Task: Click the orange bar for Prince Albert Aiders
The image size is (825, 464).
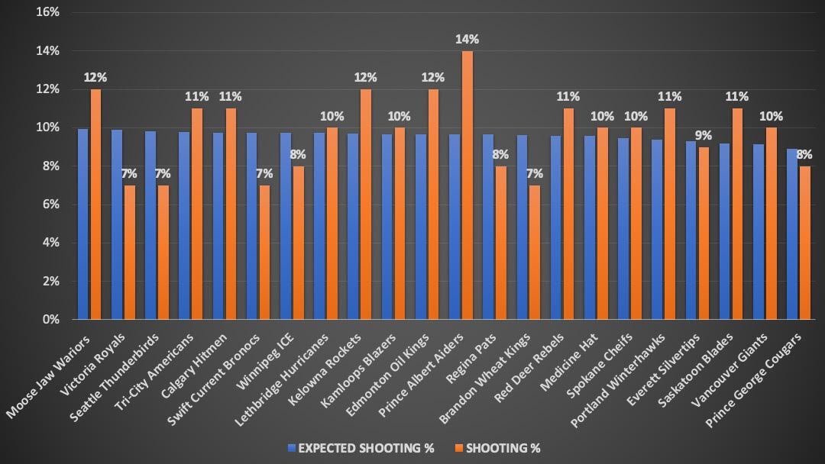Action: click(467, 185)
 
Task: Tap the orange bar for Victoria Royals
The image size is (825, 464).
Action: click(129, 252)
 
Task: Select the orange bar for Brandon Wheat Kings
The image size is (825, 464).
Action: click(534, 252)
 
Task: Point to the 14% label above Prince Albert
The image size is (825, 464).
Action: click(467, 37)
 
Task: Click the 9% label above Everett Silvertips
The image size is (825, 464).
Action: click(703, 135)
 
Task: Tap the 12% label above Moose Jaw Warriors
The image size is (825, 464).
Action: click(95, 76)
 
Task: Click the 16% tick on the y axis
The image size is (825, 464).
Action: click(48, 12)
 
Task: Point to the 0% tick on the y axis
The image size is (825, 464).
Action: click(50, 319)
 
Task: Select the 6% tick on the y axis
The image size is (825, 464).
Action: click(50, 204)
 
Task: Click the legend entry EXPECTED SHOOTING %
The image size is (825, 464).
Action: click(360, 448)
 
